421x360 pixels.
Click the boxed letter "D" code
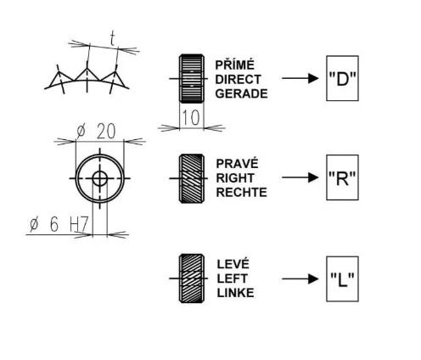pyautogui.click(x=342, y=78)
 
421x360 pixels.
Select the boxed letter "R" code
pyautogui.click(x=342, y=177)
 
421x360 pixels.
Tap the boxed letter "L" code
pyautogui.click(x=342, y=279)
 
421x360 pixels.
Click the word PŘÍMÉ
pyautogui.click(x=234, y=65)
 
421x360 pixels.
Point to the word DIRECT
pyautogui.click(x=238, y=80)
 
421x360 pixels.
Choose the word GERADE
pyautogui.click(x=241, y=93)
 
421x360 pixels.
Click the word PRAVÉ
pyautogui.click(x=237, y=163)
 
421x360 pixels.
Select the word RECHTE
pyautogui.click(x=241, y=193)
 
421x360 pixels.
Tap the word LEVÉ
pyautogui.click(x=233, y=264)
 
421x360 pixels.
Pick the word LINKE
pyautogui.click(x=235, y=293)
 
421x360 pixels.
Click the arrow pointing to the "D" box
pyautogui.click(x=300, y=78)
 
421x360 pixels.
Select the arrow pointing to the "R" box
pyautogui.click(x=300, y=177)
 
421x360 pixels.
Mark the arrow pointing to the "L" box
pyautogui.click(x=300, y=278)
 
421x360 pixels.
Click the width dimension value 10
pyautogui.click(x=191, y=117)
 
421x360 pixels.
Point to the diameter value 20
pyautogui.click(x=106, y=132)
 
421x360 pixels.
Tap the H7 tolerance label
pyautogui.click(x=79, y=224)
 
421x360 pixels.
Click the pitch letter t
pyautogui.click(x=113, y=39)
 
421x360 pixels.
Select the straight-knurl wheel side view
pyautogui.click(x=192, y=78)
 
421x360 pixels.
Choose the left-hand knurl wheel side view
pyautogui.click(x=192, y=278)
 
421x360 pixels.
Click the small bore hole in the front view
pyautogui.click(x=100, y=178)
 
